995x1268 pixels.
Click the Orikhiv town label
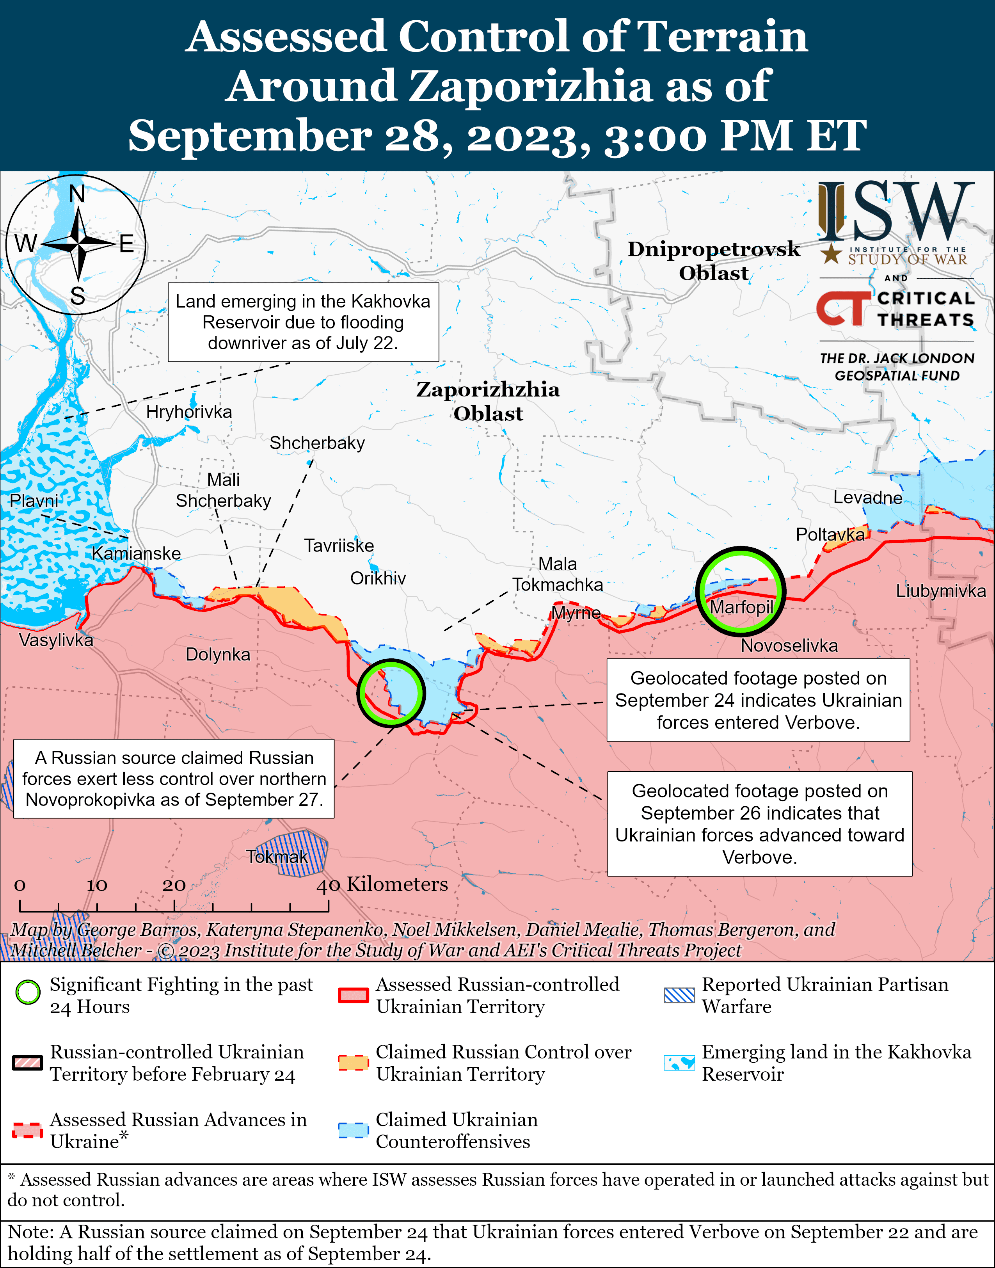(377, 578)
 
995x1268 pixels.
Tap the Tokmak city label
(277, 857)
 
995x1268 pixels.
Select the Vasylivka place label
(56, 640)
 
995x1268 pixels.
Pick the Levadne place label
(867, 497)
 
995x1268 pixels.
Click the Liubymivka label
(940, 591)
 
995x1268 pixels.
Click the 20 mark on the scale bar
(174, 886)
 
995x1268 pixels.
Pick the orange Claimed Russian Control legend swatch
(353, 1063)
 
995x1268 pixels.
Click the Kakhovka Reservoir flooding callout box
(303, 322)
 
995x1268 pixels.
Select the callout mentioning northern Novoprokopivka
(174, 779)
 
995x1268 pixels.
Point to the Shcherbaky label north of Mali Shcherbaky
(317, 443)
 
